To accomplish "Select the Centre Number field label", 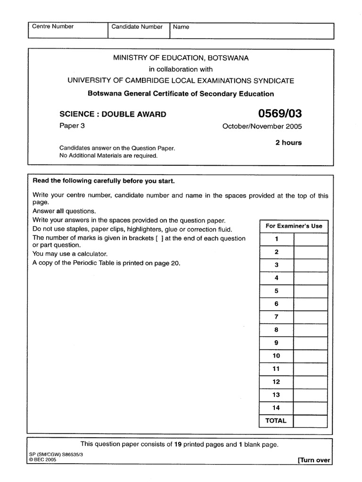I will (53, 27).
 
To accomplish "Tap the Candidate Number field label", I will (137, 27).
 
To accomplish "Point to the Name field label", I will (181, 27).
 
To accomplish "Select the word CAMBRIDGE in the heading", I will (145, 80).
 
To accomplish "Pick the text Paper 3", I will (71, 126).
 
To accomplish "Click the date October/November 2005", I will (262, 127).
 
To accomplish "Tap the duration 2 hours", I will (288, 143).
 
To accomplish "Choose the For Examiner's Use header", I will (294, 226).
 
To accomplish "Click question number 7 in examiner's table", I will (276, 317).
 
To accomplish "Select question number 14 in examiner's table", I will (276, 408).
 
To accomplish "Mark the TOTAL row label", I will (276, 421).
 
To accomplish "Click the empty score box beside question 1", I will (311, 239).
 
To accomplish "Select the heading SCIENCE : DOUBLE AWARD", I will (112, 114).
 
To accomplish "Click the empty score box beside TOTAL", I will (311, 421).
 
